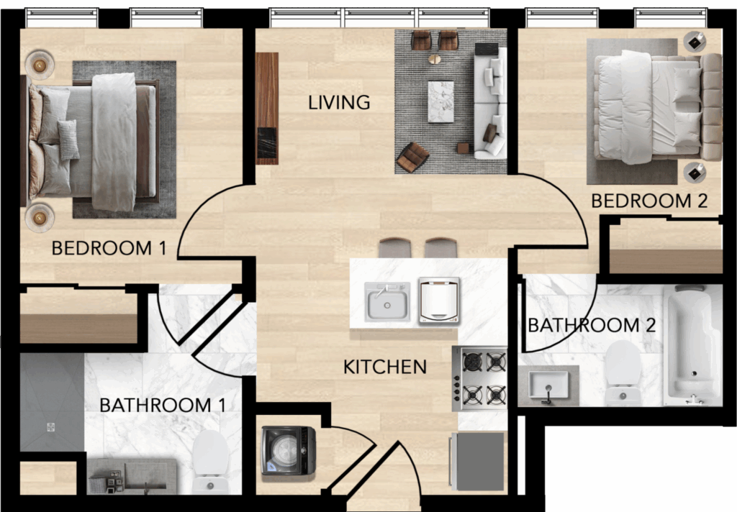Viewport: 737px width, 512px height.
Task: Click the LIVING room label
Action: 339,102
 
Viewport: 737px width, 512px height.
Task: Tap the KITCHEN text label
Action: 385,367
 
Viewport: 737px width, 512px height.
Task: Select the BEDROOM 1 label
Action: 109,248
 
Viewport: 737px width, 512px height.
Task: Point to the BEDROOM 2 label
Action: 649,201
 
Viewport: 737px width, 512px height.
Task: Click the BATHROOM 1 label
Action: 163,405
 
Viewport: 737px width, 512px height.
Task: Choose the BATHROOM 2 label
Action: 592,325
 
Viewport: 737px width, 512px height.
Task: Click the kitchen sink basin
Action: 387,303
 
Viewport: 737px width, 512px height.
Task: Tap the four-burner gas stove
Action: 479,378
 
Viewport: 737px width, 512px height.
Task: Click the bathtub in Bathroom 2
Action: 693,345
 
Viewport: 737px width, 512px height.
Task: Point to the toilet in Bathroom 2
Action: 623,373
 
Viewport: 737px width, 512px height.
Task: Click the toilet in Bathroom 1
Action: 211,461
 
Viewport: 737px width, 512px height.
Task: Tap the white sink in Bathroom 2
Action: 548,385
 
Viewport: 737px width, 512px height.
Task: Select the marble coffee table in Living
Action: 441,102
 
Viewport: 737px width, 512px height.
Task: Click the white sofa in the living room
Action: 490,102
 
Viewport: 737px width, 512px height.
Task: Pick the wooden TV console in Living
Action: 267,108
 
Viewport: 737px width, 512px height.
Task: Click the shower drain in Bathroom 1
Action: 51,427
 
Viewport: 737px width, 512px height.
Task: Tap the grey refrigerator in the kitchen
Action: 478,461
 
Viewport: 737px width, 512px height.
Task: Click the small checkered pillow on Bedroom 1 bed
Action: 68,140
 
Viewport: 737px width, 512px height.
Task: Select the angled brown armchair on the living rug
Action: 412,157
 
